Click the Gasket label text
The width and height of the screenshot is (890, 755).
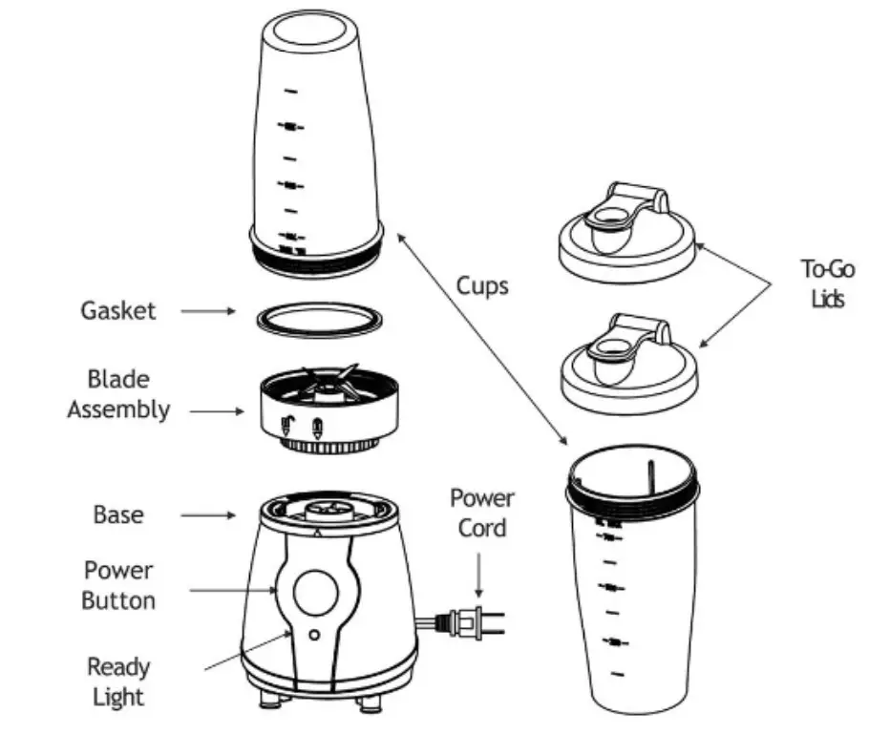117,311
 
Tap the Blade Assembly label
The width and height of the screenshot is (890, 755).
117,395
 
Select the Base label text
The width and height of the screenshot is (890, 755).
118,515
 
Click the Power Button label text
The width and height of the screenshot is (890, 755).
117,585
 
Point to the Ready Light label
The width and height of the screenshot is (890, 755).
118,682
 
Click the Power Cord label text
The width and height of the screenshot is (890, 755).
481,513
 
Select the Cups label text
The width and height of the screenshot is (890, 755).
482,285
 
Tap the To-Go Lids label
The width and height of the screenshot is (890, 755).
827,283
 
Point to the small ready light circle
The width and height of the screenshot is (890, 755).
313,634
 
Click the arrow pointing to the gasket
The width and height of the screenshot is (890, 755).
207,311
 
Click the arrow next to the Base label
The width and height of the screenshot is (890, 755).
207,515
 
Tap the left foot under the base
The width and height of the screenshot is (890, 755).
268,700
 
